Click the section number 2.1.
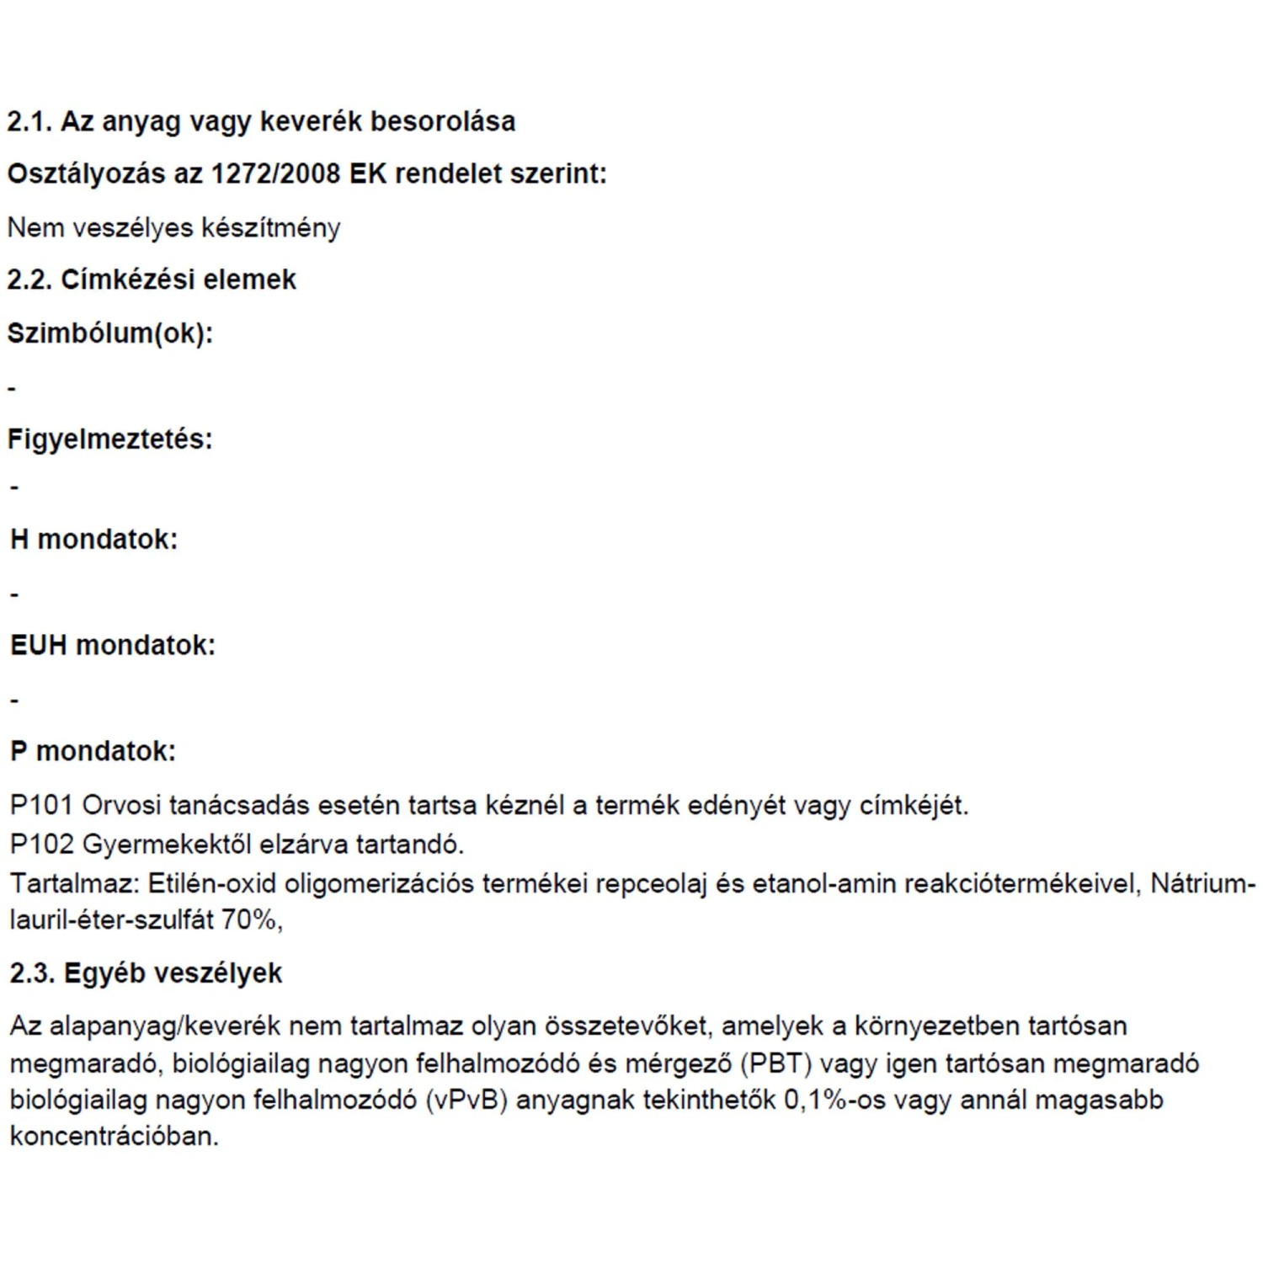click(29, 121)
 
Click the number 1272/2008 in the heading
click(274, 174)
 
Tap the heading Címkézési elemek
click(178, 280)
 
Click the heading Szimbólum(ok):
click(109, 333)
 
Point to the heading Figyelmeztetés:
click(109, 440)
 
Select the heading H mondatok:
click(93, 539)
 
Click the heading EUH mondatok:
click(113, 646)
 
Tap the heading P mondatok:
click(93, 751)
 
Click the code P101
click(41, 806)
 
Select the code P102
click(41, 844)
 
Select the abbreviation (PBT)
click(775, 1063)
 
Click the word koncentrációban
click(114, 1137)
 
